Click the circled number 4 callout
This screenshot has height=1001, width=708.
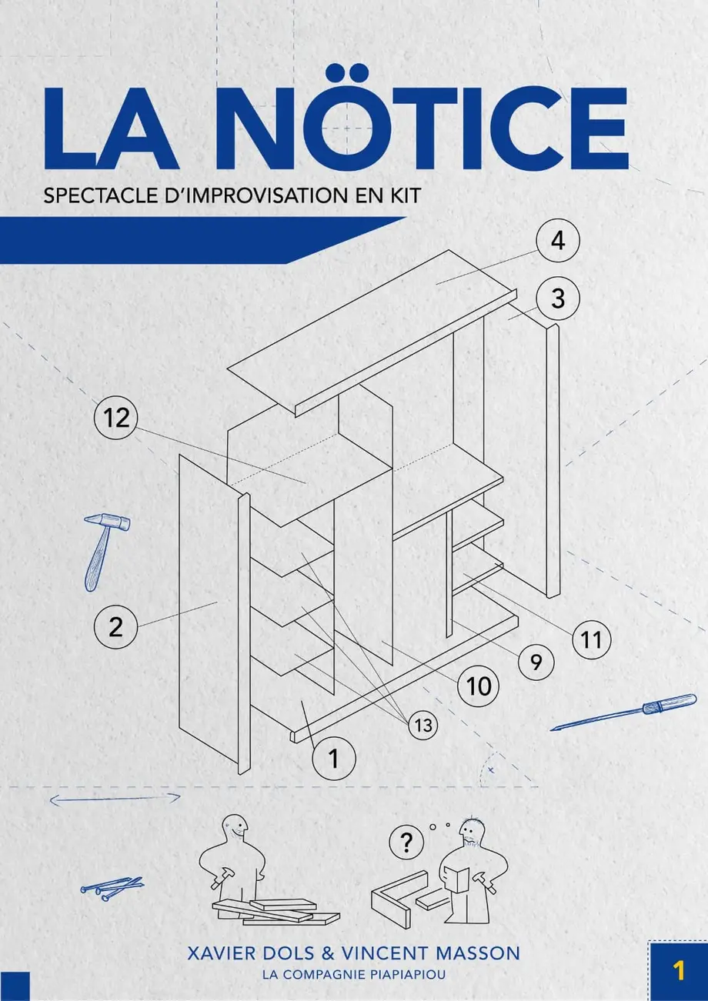(x=558, y=241)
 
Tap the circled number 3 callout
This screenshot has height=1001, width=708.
(x=558, y=298)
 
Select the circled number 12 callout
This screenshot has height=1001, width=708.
(x=116, y=418)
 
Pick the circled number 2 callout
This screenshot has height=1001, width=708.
(x=115, y=626)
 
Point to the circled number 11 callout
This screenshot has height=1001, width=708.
(x=591, y=639)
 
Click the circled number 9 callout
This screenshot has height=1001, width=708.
(x=536, y=662)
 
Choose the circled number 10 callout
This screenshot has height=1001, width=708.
(x=479, y=686)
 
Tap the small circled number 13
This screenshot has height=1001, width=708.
(x=422, y=725)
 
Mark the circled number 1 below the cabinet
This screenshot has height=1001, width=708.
(x=334, y=759)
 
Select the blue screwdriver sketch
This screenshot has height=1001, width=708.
(x=623, y=712)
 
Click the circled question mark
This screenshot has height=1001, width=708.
(x=406, y=843)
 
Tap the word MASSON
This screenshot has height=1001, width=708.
(x=478, y=953)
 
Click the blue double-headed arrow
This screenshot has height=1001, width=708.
(x=115, y=799)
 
